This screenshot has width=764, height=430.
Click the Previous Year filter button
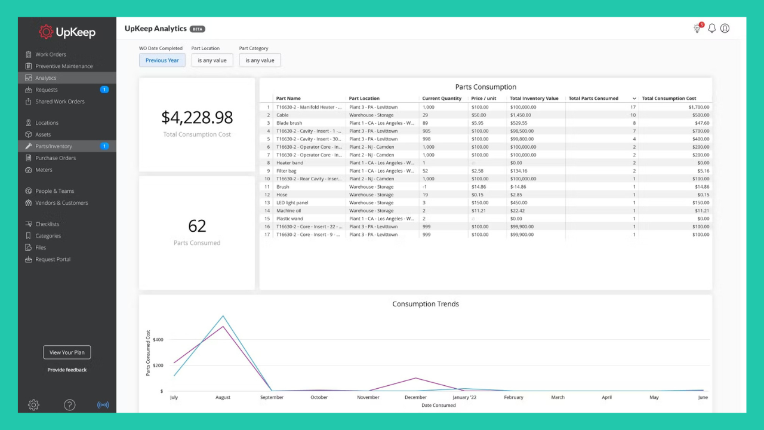[162, 60]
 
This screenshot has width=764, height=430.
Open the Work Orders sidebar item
[50, 54]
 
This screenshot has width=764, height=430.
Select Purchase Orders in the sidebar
[55, 158]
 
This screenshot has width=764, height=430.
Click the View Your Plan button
[67, 352]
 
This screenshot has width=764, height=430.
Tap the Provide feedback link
[67, 370]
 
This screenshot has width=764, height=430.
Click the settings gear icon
[33, 405]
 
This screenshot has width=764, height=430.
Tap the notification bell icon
[711, 28]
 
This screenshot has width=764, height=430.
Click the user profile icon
[725, 28]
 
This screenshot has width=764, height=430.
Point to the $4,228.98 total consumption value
[197, 117]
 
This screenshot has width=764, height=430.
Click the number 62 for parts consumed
[197, 226]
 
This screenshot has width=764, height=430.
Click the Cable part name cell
[282, 115]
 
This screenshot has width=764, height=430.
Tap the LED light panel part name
[292, 203]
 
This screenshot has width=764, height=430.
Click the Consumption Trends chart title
[426, 304]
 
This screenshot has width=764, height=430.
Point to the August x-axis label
[223, 397]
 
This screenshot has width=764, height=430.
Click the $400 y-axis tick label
[158, 340]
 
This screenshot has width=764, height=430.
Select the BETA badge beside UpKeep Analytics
[197, 29]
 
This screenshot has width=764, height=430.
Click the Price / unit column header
[483, 99]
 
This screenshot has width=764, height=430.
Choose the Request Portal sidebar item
[53, 259]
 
